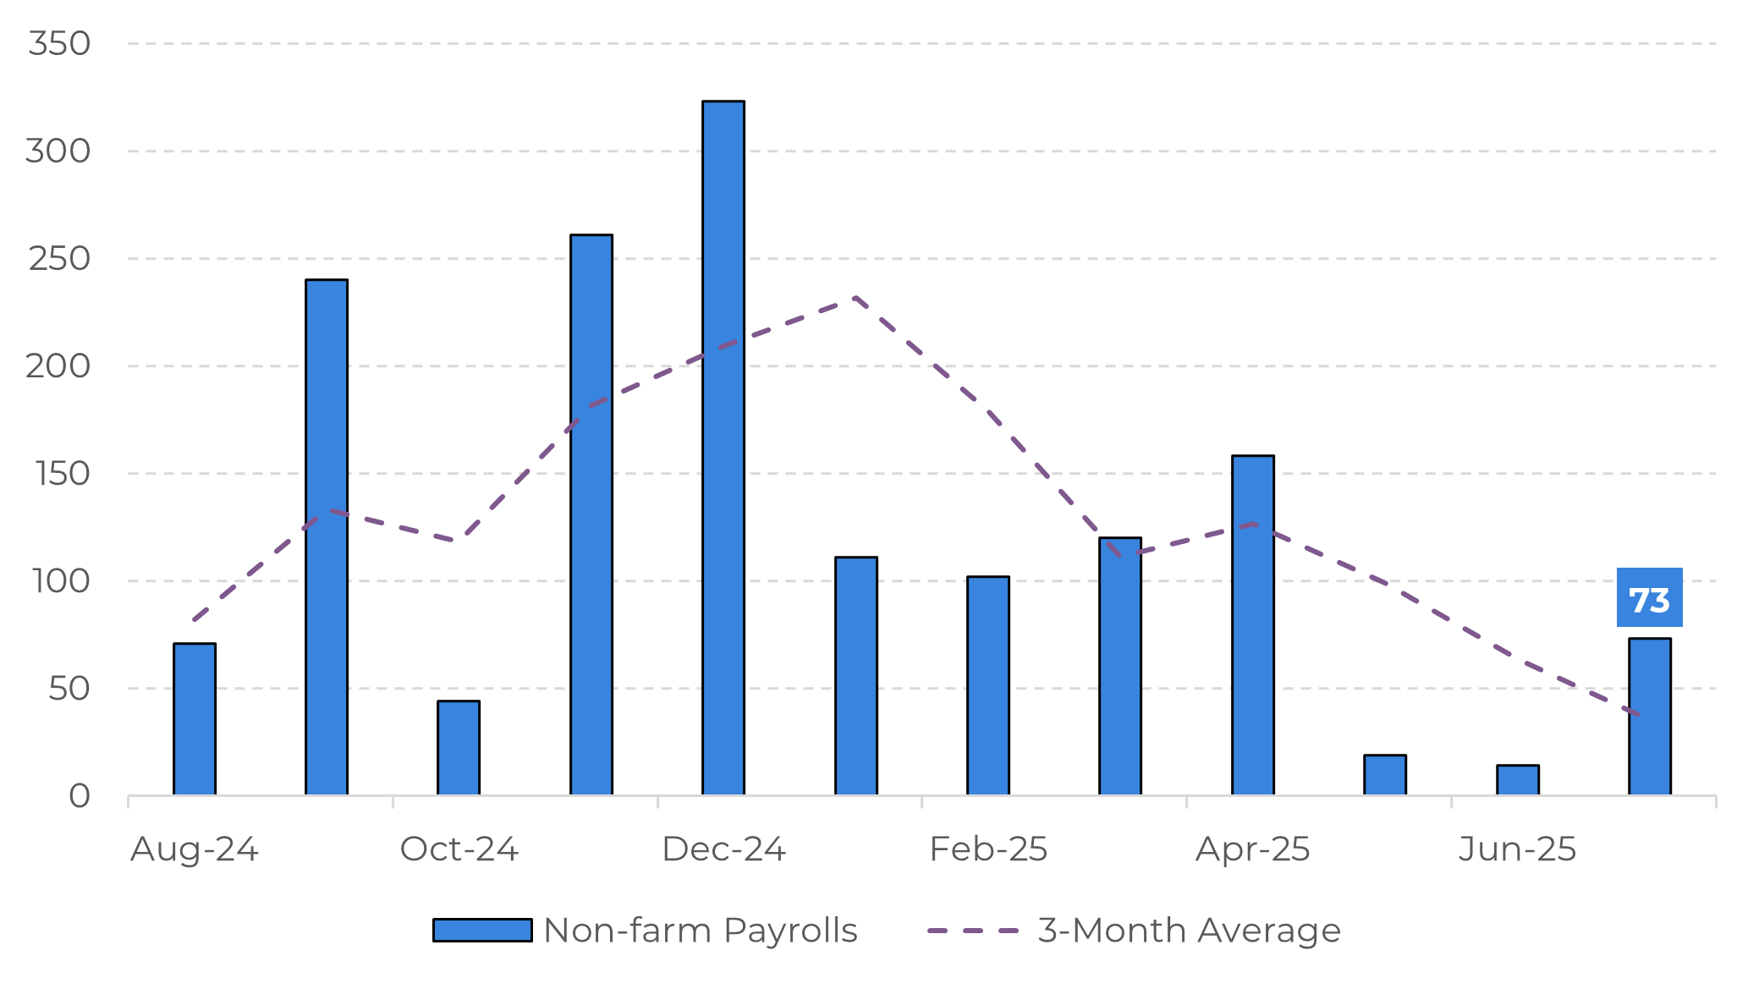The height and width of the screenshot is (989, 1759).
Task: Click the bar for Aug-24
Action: tap(195, 720)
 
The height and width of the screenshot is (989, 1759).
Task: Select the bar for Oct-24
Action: tap(459, 749)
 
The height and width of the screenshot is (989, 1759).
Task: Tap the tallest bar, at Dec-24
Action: tap(723, 448)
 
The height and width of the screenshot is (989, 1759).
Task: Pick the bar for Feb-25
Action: tap(988, 686)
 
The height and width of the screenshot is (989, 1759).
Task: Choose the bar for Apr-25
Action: tap(1253, 626)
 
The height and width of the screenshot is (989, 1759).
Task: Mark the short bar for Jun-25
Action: tap(1518, 781)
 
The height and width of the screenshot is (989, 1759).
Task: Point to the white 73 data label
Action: tap(1650, 598)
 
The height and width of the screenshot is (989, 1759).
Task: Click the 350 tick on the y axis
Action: tap(59, 43)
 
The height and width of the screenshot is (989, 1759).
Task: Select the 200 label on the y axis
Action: tap(58, 366)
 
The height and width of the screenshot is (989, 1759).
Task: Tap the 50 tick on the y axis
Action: tap(69, 689)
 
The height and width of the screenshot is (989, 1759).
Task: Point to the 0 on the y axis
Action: tap(80, 796)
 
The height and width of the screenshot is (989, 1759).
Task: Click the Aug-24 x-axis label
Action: tap(195, 849)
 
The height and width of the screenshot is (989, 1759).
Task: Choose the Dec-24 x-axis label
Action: tap(723, 849)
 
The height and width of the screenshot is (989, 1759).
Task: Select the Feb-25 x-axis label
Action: tap(988, 849)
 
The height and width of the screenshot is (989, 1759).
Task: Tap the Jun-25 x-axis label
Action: tap(1517, 849)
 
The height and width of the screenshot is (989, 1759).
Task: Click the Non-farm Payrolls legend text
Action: tap(701, 931)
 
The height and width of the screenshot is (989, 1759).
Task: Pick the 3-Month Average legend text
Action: tap(1189, 931)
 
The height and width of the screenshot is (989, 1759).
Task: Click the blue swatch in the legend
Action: tap(482, 931)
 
